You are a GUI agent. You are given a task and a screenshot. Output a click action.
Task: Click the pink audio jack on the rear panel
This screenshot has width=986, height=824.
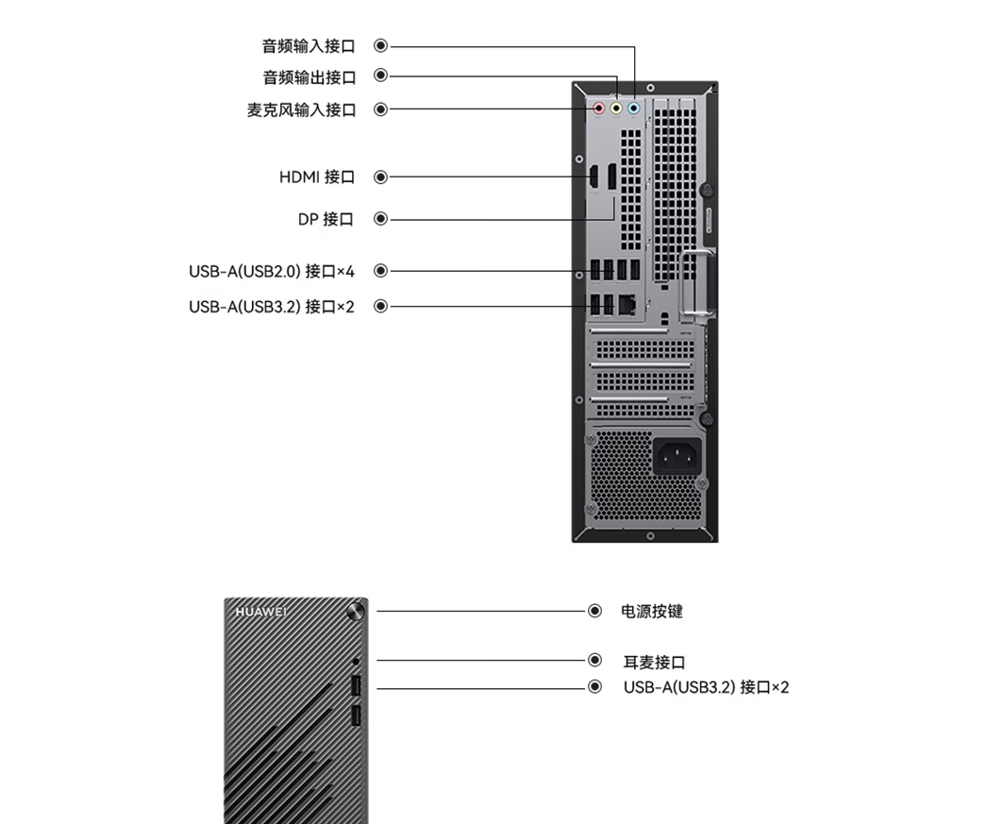[x=598, y=109]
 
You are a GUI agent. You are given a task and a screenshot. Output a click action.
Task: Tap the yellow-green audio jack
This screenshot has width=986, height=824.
[x=616, y=109]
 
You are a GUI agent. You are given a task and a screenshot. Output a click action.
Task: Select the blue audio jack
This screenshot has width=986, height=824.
[x=634, y=109]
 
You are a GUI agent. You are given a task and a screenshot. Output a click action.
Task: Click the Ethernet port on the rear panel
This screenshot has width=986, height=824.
[x=627, y=305]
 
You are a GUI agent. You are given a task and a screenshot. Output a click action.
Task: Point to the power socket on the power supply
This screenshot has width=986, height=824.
[x=677, y=456]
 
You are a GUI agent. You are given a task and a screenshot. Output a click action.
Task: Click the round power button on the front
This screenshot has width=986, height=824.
[x=356, y=611]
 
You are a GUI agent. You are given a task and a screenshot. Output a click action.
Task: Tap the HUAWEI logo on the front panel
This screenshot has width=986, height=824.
[x=261, y=612]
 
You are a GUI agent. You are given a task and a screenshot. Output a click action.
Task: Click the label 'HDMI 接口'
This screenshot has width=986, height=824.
[x=317, y=177]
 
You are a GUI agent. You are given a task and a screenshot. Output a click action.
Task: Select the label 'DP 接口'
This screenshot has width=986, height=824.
[x=326, y=219]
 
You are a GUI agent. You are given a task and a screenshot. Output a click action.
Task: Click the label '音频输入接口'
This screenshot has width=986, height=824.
[x=309, y=46]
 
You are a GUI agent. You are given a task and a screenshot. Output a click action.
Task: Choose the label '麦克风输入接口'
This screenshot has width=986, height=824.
[x=301, y=109]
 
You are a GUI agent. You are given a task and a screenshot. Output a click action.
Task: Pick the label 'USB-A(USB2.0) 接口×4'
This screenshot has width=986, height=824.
[x=272, y=271]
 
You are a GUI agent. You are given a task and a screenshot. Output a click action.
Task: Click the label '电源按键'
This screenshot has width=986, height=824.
[x=652, y=612]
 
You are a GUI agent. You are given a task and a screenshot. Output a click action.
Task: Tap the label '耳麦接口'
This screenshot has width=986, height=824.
[x=655, y=662]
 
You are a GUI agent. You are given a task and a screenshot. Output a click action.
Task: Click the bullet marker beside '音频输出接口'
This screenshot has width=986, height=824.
[x=380, y=76]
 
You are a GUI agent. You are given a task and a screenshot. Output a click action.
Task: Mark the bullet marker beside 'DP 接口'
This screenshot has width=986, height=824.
[x=380, y=219]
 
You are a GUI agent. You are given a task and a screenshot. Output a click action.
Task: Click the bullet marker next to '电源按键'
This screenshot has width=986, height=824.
[x=594, y=611]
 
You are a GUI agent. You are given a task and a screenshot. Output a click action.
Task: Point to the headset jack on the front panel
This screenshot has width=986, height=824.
[x=356, y=662]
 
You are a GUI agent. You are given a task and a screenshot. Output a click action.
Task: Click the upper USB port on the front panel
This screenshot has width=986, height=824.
[x=356, y=685]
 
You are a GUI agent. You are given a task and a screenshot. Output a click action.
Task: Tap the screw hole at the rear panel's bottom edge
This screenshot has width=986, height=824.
[x=650, y=536]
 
